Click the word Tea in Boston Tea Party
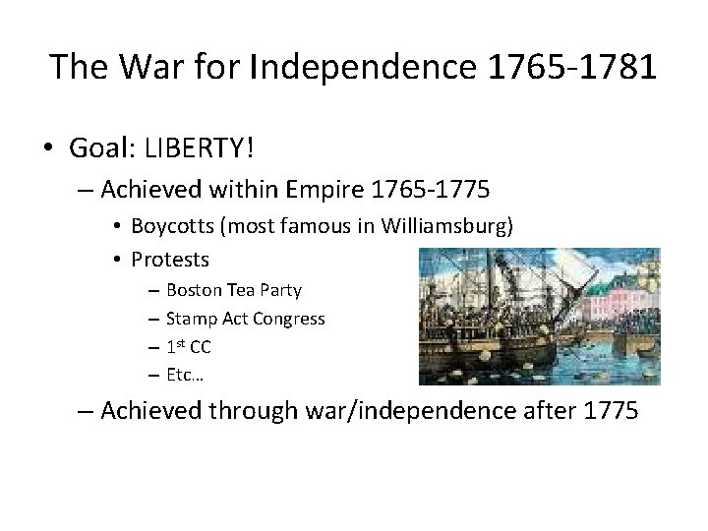(x=240, y=290)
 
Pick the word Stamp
(x=189, y=319)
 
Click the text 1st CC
(x=189, y=346)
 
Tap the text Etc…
(x=185, y=375)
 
